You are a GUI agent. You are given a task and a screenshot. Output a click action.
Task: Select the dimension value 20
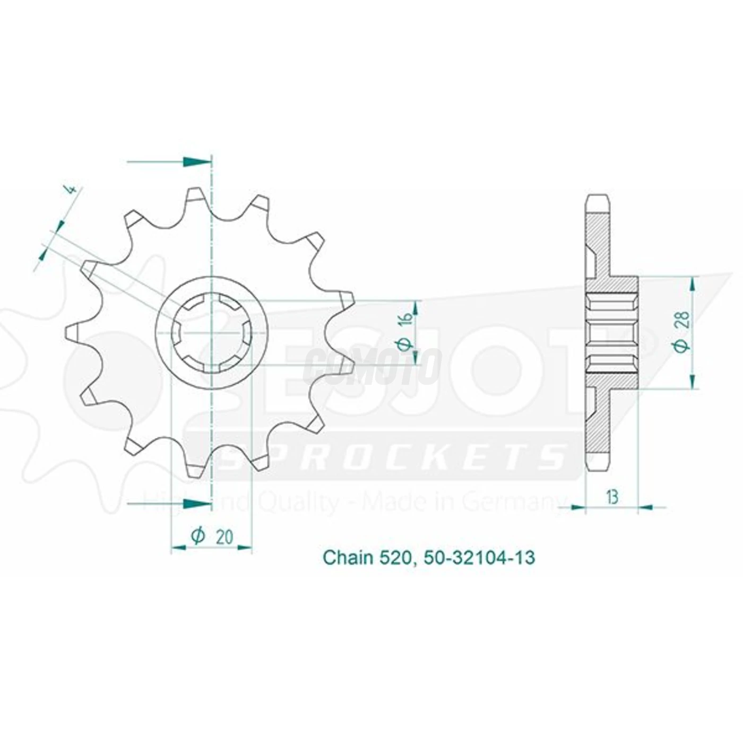(x=224, y=537)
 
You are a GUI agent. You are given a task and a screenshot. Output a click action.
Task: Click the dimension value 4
(x=74, y=189)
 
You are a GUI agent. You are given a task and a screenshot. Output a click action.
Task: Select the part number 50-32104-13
(x=478, y=558)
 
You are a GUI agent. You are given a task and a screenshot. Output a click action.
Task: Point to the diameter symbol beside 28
(x=684, y=345)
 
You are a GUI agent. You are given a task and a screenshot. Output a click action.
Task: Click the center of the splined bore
(x=212, y=333)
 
